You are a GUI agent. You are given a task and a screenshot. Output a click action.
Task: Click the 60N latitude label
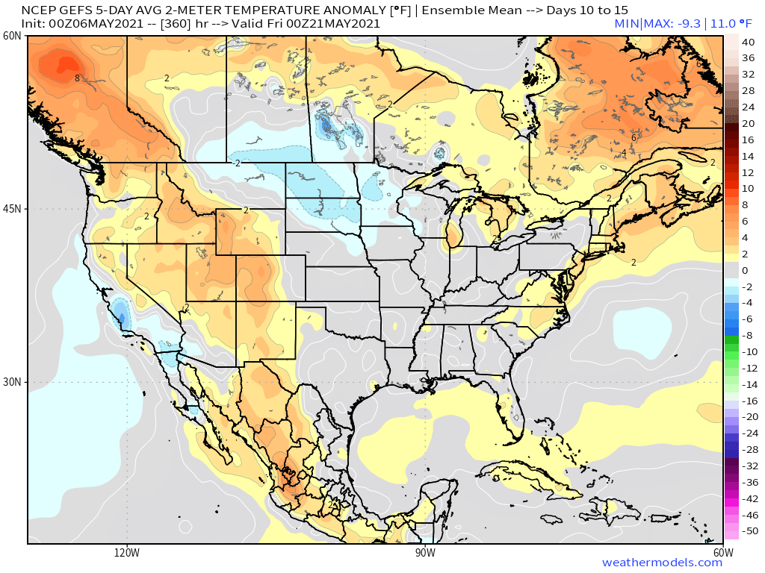click(x=12, y=36)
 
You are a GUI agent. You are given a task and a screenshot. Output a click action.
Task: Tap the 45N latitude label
click(x=12, y=209)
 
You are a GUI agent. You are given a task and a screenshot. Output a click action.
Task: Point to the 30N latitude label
click(x=12, y=382)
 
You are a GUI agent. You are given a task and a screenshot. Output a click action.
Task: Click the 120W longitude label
click(x=127, y=553)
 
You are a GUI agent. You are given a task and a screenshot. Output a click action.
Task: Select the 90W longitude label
click(x=425, y=553)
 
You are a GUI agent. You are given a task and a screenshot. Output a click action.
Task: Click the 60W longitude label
click(x=722, y=553)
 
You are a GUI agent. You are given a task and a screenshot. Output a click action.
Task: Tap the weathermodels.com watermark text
click(x=662, y=563)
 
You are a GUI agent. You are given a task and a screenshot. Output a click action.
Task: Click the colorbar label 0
click(x=744, y=270)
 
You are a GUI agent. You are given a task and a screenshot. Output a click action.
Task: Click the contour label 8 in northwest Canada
click(x=77, y=78)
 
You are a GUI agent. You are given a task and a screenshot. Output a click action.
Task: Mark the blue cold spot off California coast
click(x=120, y=313)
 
